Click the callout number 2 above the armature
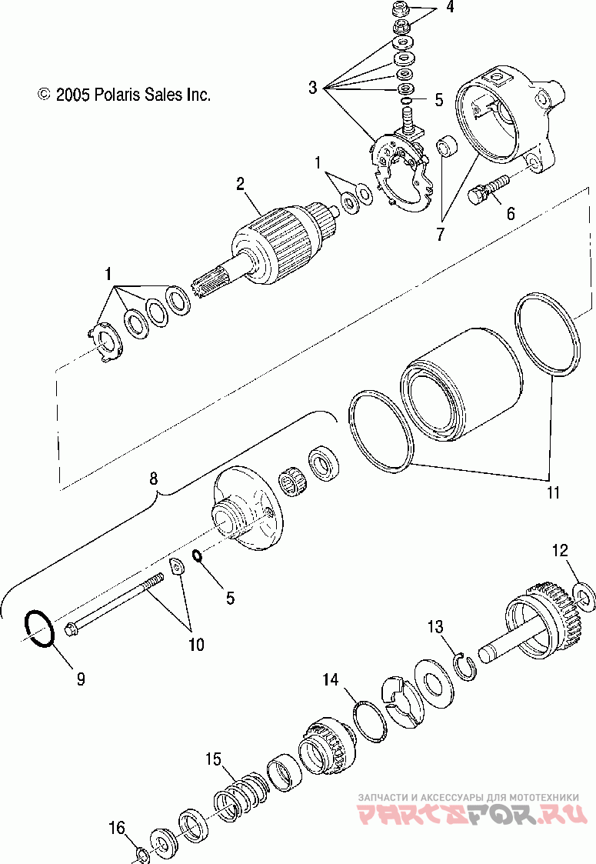[x=241, y=183]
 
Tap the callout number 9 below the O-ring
[x=80, y=679]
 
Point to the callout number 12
[x=560, y=550]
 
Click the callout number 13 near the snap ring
[x=437, y=627]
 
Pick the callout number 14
[x=330, y=679]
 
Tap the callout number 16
[x=116, y=829]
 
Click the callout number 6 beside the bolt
[x=510, y=215]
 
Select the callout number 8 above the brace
[x=154, y=479]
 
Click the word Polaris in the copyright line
[x=116, y=95]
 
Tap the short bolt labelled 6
[x=487, y=188]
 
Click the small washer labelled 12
[x=583, y=595]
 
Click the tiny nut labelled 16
[x=142, y=853]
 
